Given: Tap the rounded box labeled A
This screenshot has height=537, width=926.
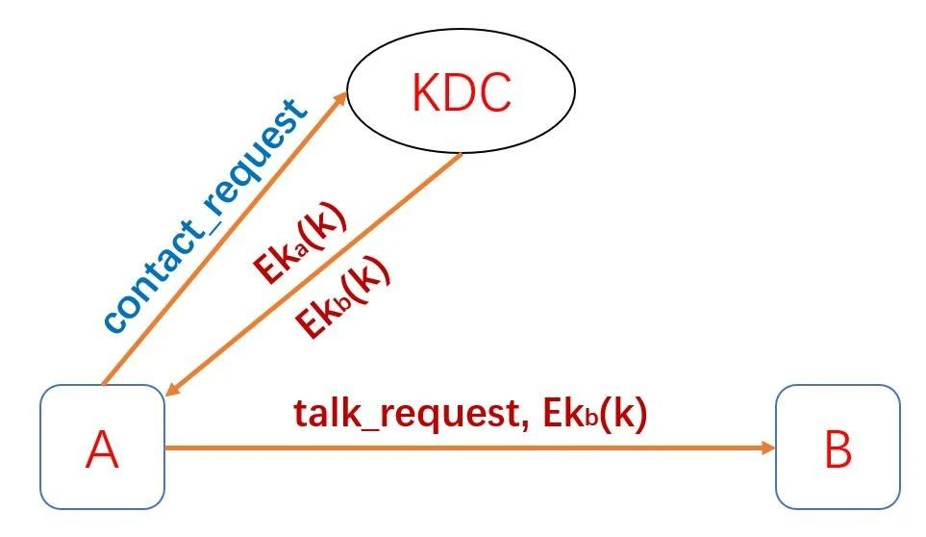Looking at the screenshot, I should click(102, 447).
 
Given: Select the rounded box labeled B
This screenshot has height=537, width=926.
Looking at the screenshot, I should click(838, 447).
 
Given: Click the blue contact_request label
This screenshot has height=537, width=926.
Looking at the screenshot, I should click(207, 216).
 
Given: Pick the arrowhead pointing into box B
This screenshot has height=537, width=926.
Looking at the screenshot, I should click(767, 447).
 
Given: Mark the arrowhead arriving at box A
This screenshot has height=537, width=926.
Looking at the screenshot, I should click(172, 389).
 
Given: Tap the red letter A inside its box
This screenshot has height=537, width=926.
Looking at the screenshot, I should click(102, 449).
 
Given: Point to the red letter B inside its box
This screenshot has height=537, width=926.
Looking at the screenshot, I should click(838, 449).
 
